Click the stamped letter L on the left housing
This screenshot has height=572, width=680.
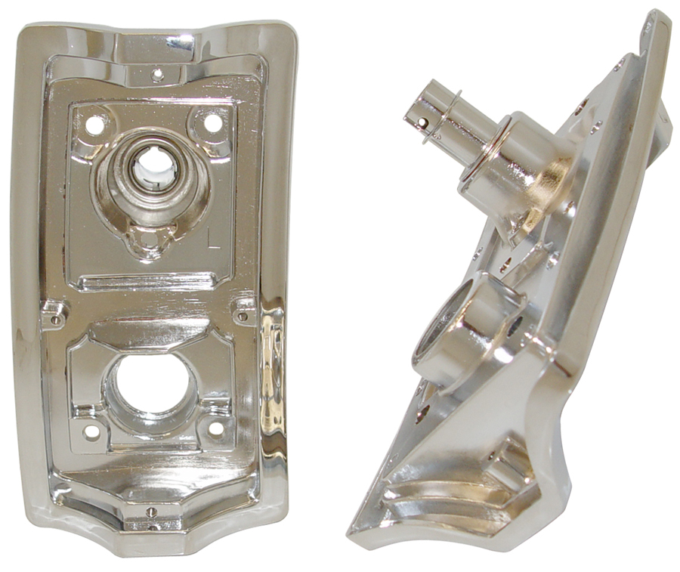coord(215,240)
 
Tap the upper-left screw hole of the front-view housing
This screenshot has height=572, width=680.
coord(95,125)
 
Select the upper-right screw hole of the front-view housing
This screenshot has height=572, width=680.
coord(213,122)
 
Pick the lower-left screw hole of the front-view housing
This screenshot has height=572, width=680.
coord(91,431)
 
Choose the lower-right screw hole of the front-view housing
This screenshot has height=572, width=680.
coord(215,428)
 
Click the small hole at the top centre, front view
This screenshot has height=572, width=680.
coord(157,74)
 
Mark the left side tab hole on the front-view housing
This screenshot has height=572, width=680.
coord(54,320)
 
